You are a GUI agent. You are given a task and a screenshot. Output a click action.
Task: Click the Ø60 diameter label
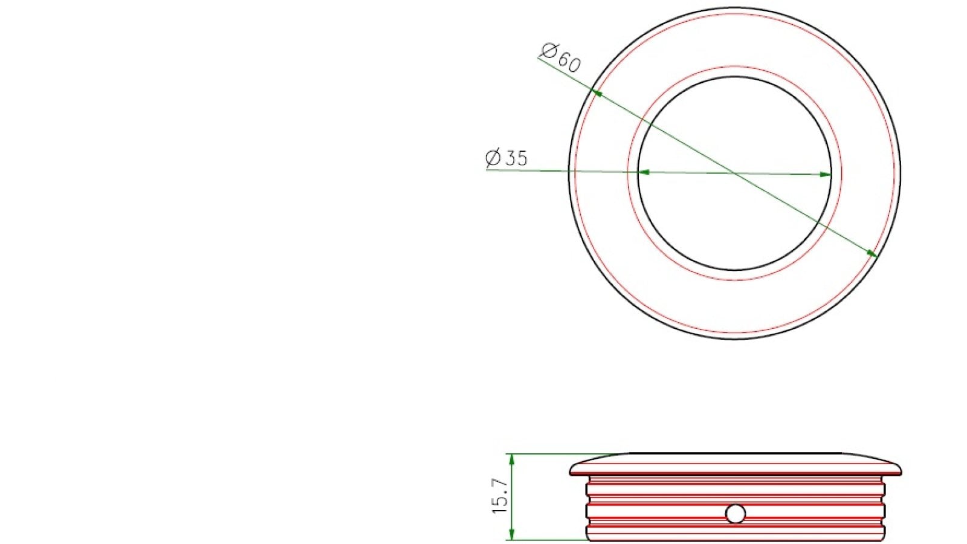click(561, 57)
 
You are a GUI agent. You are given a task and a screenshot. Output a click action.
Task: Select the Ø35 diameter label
click(506, 158)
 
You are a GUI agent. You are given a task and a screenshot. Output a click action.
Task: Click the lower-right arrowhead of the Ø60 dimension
click(873, 254)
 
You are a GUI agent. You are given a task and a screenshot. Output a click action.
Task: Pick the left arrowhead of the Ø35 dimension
click(644, 172)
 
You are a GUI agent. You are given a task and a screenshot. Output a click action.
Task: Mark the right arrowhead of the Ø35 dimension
click(826, 175)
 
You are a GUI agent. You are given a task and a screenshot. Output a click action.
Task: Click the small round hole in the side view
click(736, 514)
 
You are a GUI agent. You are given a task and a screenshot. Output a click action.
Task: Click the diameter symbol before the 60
click(549, 50)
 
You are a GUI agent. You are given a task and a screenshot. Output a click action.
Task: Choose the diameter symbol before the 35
click(493, 158)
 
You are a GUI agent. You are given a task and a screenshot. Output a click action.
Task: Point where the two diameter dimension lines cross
click(734, 173)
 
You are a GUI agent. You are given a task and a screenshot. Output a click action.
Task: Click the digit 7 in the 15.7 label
click(500, 485)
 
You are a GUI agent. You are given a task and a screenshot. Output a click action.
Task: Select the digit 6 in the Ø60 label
click(563, 58)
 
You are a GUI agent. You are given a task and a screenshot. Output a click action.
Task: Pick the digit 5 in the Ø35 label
click(522, 158)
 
